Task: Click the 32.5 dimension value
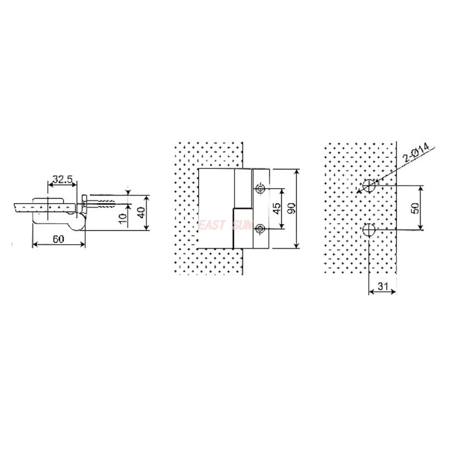click(62, 180)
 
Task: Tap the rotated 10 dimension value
click(123, 218)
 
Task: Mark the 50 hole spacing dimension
click(415, 207)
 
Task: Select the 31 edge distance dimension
click(383, 286)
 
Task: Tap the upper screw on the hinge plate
click(259, 189)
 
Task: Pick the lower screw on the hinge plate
click(259, 228)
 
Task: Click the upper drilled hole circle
click(369, 185)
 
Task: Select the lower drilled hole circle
click(369, 230)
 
